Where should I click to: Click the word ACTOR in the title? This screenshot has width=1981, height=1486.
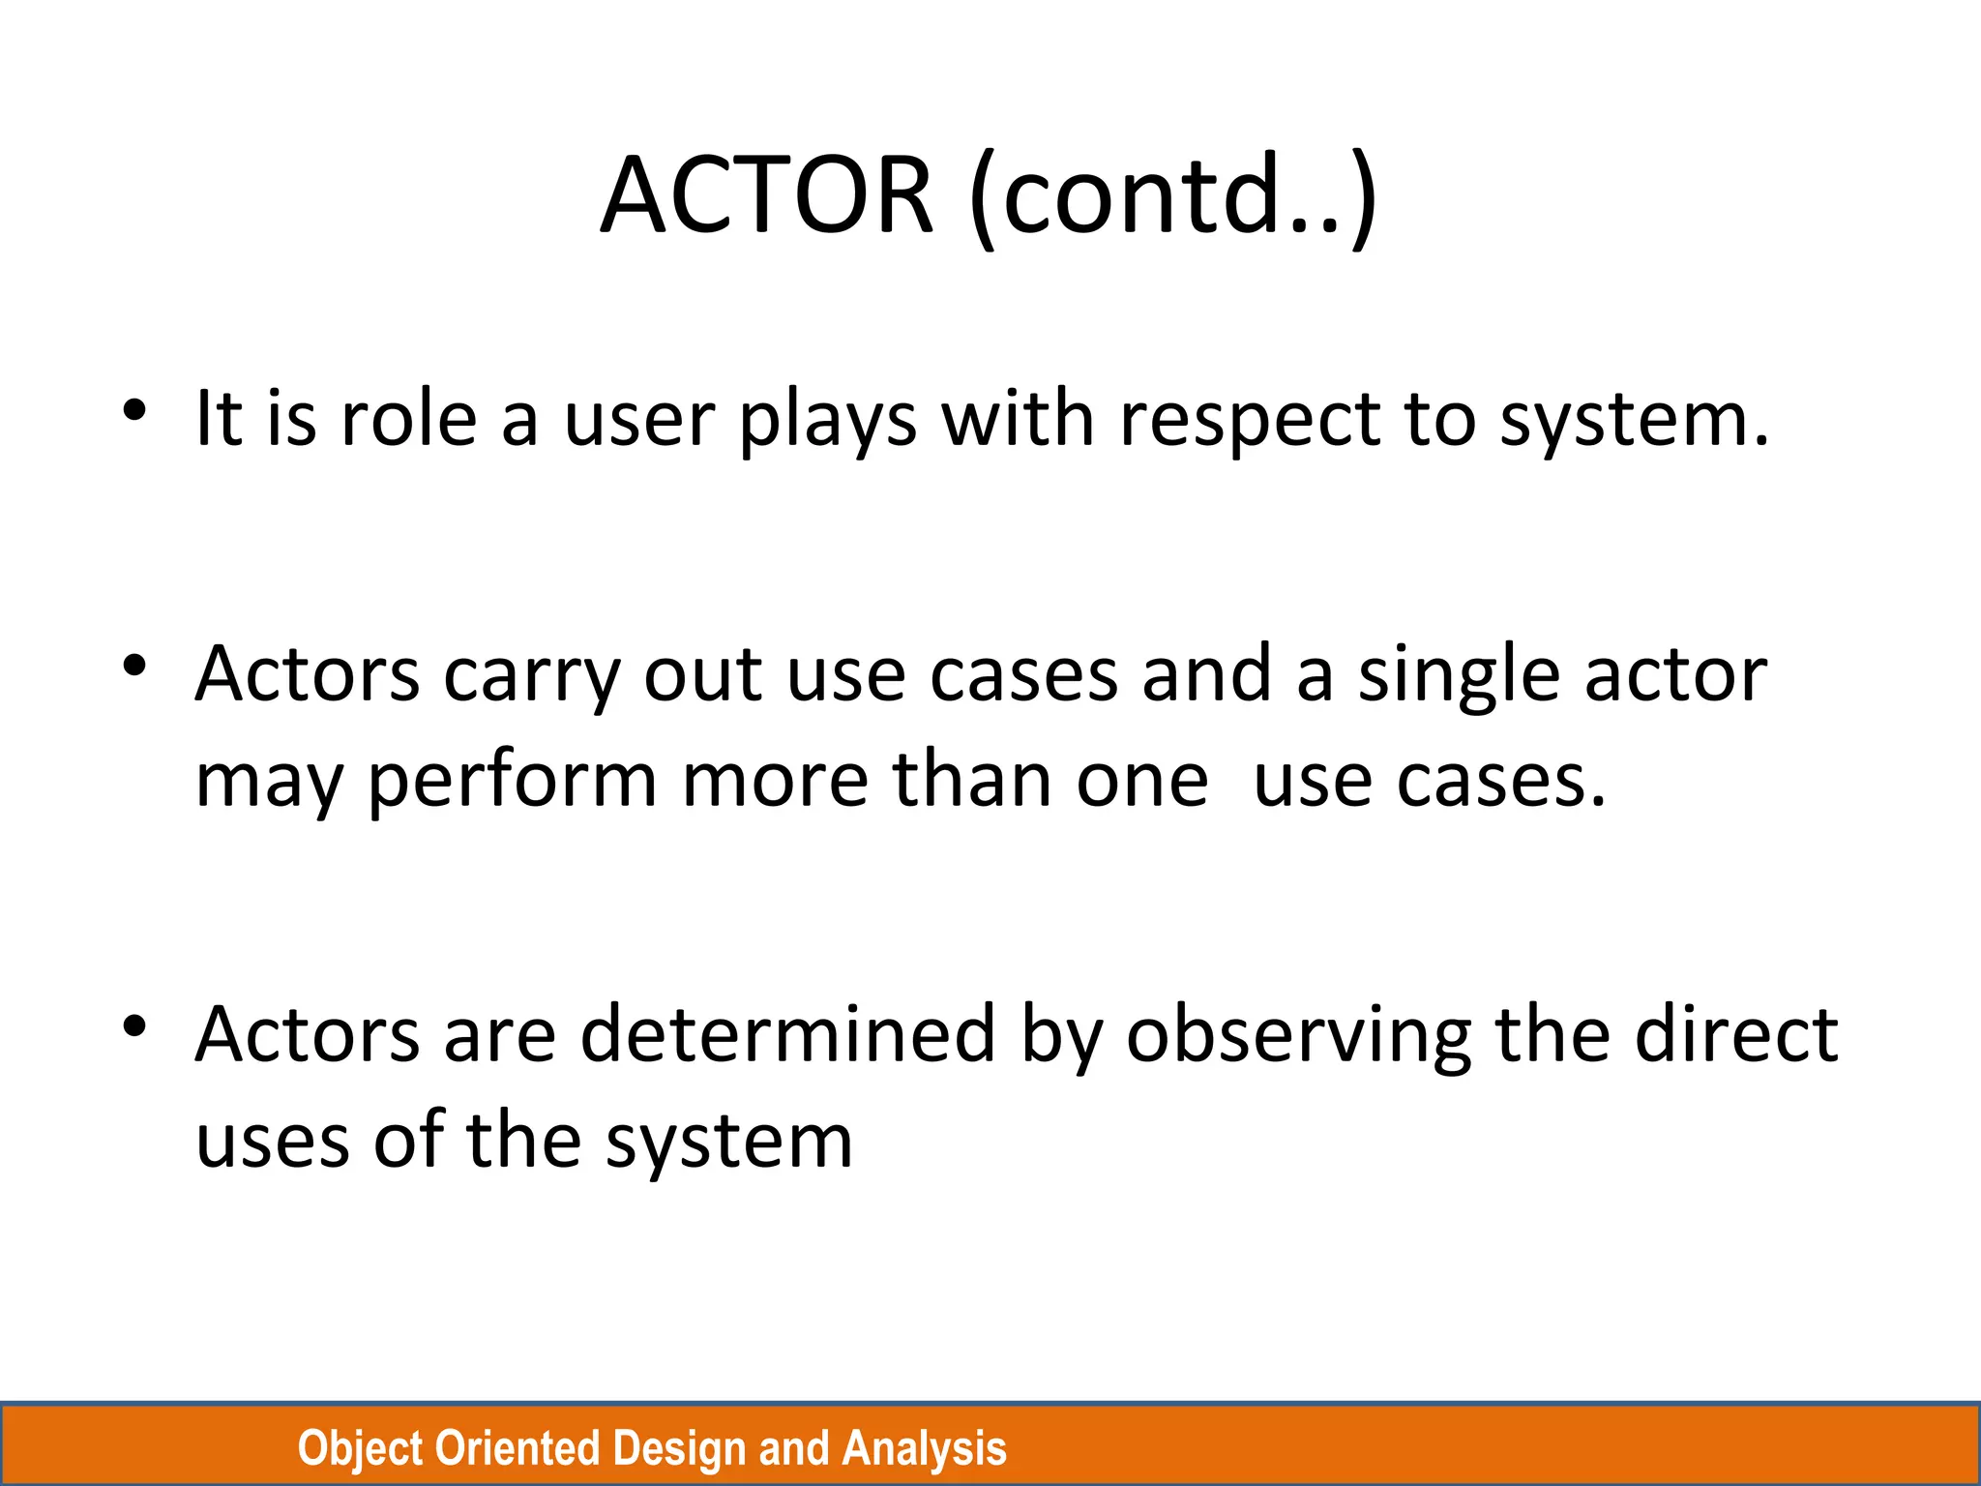pyautogui.click(x=767, y=196)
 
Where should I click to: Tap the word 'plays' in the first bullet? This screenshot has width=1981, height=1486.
pyautogui.click(x=828, y=422)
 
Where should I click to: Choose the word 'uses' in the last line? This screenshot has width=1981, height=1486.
pyautogui.click(x=272, y=1142)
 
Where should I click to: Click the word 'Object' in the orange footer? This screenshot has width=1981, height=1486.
pyautogui.click(x=359, y=1449)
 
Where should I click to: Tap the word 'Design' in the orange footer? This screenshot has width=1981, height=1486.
pyautogui.click(x=679, y=1449)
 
